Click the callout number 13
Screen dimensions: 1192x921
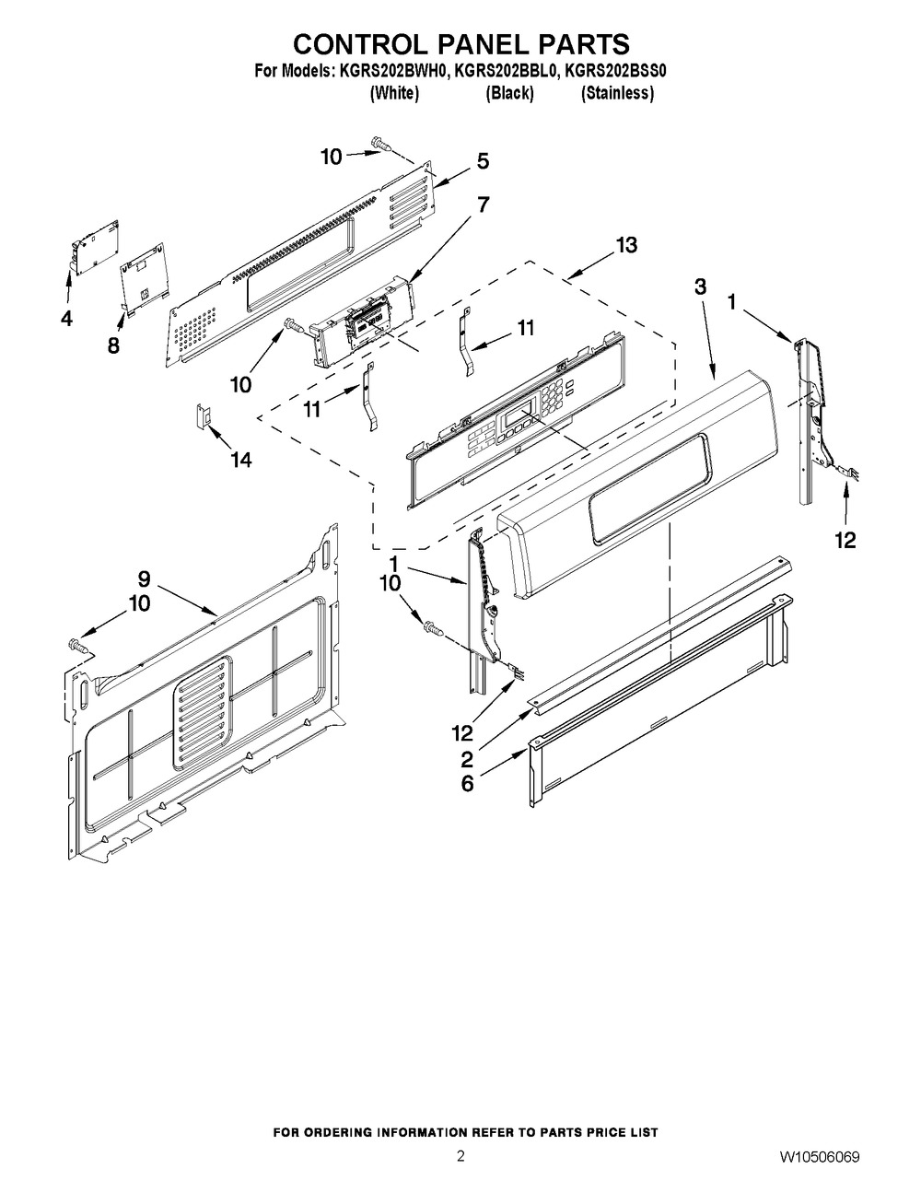coord(626,245)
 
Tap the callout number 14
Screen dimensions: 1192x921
coord(239,460)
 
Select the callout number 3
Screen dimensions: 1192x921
coord(701,287)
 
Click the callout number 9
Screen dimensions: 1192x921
coord(144,578)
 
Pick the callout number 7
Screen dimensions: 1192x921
coord(483,205)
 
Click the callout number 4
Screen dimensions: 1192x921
coord(65,319)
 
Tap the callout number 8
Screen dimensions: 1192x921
coord(113,346)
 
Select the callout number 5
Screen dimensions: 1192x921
coord(483,161)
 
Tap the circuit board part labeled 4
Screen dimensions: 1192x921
coord(97,246)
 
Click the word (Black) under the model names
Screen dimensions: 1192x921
coord(509,94)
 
